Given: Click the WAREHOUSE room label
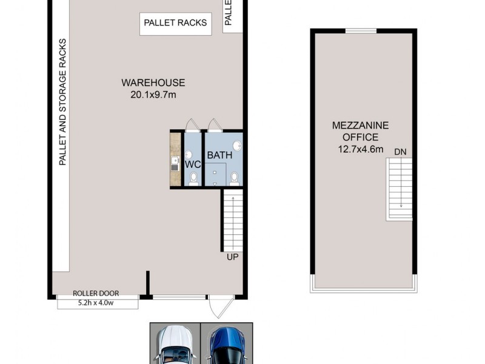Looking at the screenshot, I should click(153, 83).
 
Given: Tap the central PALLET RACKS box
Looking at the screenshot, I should click(175, 23).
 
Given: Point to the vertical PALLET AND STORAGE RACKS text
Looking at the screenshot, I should click(62, 102).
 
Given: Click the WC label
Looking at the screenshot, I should click(193, 164).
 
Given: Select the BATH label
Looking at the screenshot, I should click(219, 155).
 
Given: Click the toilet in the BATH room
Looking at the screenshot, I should click(235, 178).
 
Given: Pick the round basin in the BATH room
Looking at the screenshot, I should click(237, 146).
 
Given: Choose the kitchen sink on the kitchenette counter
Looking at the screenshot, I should click(175, 161).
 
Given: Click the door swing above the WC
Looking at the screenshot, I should click(192, 125).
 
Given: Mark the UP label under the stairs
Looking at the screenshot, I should click(232, 257).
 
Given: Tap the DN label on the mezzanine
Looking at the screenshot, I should click(400, 152).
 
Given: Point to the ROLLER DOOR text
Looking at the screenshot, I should click(98, 292).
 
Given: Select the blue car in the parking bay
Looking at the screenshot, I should click(226, 346).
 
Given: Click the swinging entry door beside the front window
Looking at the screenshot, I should click(217, 307).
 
